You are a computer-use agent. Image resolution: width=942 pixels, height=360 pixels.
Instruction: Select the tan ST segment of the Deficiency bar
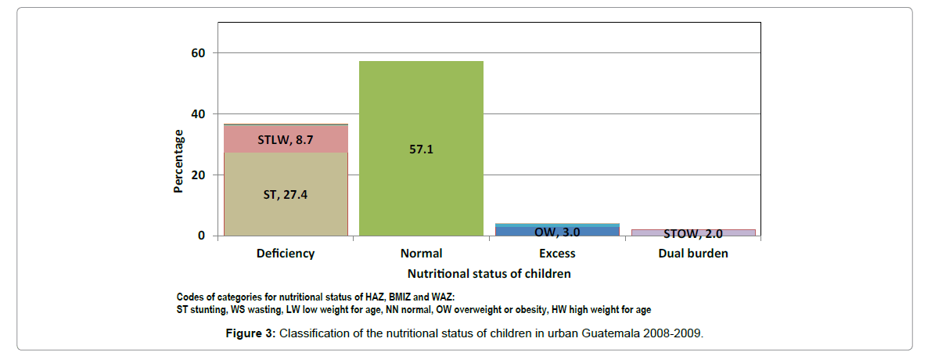click(286, 211)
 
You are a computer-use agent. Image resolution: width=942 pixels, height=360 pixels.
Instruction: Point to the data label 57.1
click(421, 149)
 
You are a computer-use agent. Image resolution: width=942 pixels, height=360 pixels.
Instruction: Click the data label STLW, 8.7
click(286, 140)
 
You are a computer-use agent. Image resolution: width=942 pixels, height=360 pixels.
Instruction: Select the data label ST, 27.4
click(286, 194)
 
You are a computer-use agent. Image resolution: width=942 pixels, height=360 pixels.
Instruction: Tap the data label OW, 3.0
click(556, 232)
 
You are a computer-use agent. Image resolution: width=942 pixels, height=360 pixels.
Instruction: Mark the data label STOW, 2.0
click(692, 233)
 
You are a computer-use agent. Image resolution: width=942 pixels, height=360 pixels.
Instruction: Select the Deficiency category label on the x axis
click(286, 254)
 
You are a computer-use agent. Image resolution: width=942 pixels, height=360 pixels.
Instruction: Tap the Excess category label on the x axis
click(557, 254)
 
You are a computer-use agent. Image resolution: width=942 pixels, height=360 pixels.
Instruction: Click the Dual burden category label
click(692, 254)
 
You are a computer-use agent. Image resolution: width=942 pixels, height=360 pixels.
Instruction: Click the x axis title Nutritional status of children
click(489, 274)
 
